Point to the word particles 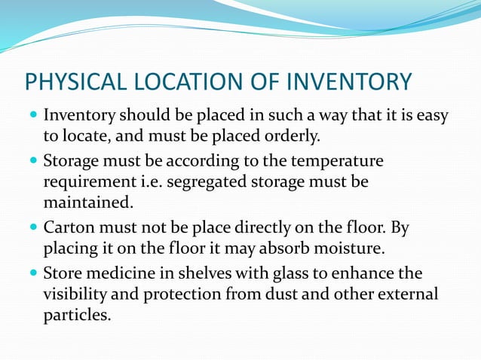tap(77, 314)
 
